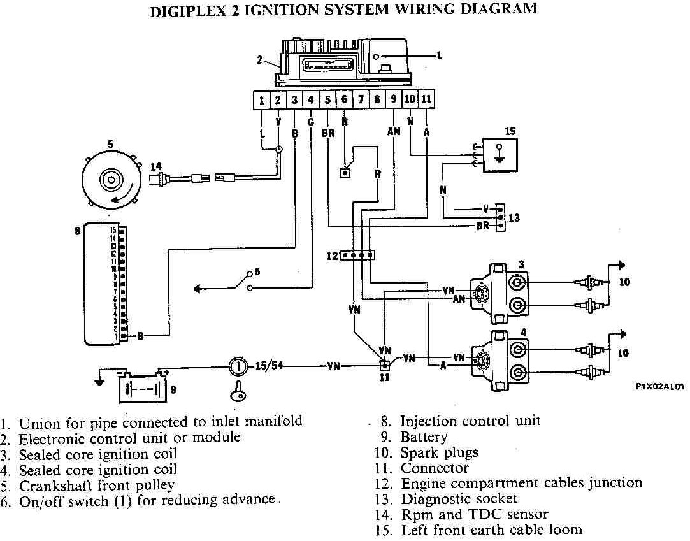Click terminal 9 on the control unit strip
(394, 99)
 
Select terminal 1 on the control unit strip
(262, 99)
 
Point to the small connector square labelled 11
(384, 366)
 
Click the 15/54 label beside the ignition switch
(269, 366)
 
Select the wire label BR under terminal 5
(328, 133)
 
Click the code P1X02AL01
(659, 386)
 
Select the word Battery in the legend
(424, 437)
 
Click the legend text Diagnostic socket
(459, 499)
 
